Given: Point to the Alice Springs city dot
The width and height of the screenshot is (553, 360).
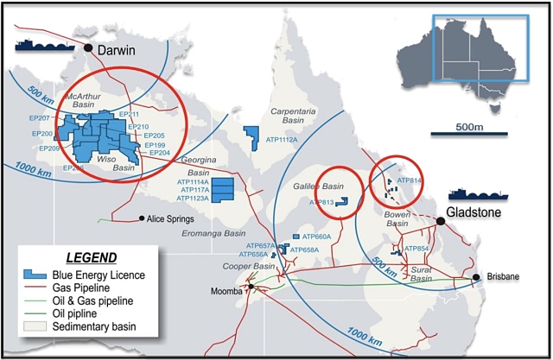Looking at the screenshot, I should click(142, 218).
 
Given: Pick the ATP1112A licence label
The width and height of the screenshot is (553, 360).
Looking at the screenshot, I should click(280, 140).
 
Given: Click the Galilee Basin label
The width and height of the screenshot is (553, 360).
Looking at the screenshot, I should click(339, 186).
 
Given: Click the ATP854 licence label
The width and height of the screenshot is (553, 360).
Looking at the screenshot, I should click(416, 249).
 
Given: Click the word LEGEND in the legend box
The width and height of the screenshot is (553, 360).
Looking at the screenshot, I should click(88, 257).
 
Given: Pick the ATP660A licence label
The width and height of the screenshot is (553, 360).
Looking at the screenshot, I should click(318, 237).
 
